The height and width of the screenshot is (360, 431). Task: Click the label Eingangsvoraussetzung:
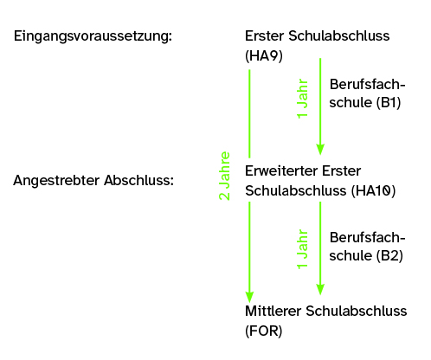click(x=93, y=36)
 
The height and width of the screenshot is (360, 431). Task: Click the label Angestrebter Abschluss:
click(x=93, y=181)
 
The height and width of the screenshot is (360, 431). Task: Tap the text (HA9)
click(x=264, y=55)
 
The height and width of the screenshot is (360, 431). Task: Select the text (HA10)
click(x=373, y=190)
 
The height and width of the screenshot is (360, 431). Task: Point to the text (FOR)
click(x=263, y=331)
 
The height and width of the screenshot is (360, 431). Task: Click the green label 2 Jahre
click(x=224, y=176)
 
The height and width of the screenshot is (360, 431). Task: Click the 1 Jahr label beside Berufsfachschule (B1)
click(x=302, y=99)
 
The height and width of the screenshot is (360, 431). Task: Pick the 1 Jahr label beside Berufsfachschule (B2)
click(x=302, y=249)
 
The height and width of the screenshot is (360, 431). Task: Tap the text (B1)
click(x=389, y=102)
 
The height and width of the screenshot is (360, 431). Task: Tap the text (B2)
click(x=389, y=255)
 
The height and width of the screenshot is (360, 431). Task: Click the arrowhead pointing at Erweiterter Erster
click(x=320, y=150)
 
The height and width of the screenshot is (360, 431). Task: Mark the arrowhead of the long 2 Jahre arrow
click(x=249, y=297)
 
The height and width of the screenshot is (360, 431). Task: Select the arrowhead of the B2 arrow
click(x=320, y=289)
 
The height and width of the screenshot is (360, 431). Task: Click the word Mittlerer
click(x=273, y=311)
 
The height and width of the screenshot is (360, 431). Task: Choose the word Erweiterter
click(x=281, y=170)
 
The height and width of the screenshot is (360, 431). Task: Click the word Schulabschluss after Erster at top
click(x=339, y=35)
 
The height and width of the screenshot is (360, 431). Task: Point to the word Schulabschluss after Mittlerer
click(x=357, y=311)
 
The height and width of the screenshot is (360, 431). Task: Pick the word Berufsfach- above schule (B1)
click(x=368, y=85)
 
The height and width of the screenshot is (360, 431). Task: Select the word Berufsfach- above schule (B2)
click(x=368, y=238)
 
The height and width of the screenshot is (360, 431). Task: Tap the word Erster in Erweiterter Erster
click(x=342, y=170)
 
